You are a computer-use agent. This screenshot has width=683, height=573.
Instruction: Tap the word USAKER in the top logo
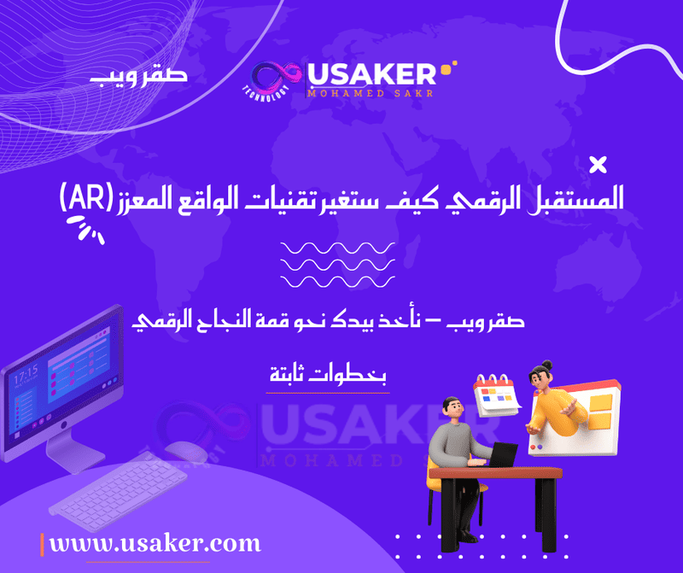(x=371, y=74)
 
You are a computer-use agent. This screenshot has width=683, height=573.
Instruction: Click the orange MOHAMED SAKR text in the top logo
(x=371, y=93)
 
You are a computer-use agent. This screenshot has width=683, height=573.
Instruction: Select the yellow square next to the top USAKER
(x=446, y=70)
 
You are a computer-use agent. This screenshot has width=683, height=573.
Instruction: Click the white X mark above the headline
(x=598, y=165)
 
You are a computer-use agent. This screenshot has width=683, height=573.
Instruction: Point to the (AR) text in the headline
(x=86, y=198)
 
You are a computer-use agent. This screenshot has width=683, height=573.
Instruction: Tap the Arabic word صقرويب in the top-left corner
(x=138, y=75)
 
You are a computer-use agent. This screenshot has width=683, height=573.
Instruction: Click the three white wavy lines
(x=337, y=265)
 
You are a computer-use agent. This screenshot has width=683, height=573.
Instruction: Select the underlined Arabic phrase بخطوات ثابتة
(x=328, y=374)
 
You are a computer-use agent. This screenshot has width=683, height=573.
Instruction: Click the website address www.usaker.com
(x=155, y=543)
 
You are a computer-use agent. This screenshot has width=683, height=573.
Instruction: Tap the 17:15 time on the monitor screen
(x=26, y=374)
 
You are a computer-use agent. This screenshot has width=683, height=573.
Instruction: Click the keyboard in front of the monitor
(x=118, y=492)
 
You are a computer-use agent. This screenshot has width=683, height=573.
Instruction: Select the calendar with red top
(x=497, y=395)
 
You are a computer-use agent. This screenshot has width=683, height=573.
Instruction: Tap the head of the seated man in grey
(x=452, y=408)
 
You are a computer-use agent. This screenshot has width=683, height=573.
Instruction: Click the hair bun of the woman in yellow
(x=546, y=365)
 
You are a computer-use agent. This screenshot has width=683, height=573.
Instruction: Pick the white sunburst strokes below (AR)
(x=85, y=229)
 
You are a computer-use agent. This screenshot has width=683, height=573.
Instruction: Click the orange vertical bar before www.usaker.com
(x=42, y=545)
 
